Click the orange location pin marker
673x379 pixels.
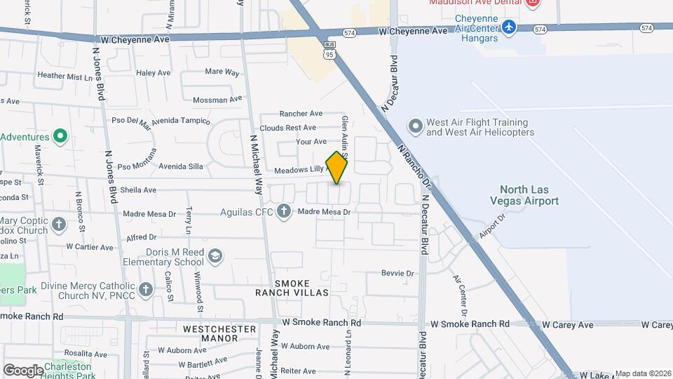coord(337,168)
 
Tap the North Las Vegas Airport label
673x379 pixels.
coord(529,195)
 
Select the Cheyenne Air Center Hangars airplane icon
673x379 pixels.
coord(510,27)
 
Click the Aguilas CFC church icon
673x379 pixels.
coord(284,211)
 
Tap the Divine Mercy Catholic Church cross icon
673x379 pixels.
coord(146,289)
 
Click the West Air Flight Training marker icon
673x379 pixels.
coord(416,127)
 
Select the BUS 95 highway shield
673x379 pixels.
coord(329,48)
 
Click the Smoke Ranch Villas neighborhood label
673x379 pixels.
coord(292,288)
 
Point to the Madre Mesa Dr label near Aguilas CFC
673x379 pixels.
coord(324,211)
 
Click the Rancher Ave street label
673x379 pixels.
coord(301,114)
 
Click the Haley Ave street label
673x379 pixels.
coord(154,72)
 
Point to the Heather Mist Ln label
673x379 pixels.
coord(65,76)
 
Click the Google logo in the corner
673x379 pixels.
coord(23,370)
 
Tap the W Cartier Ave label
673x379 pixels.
coord(89,247)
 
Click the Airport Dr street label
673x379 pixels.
coord(492,226)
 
